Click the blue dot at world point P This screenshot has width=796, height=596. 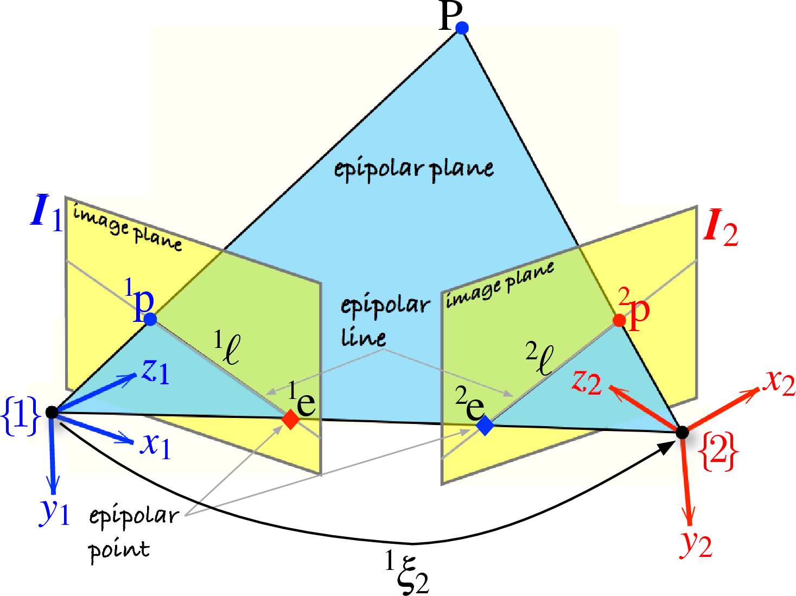tap(462, 27)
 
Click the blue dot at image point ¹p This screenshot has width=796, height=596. tap(150, 319)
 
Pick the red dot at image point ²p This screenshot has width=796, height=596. tap(619, 320)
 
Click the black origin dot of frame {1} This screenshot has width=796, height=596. tap(52, 412)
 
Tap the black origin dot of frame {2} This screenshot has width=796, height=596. tap(682, 432)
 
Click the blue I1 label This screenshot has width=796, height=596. tap(47, 212)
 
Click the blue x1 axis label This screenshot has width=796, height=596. tap(156, 445)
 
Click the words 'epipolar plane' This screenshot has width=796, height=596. tap(413, 169)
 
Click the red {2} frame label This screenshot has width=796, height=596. tap(718, 451)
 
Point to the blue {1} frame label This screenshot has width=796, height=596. tap(21, 416)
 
